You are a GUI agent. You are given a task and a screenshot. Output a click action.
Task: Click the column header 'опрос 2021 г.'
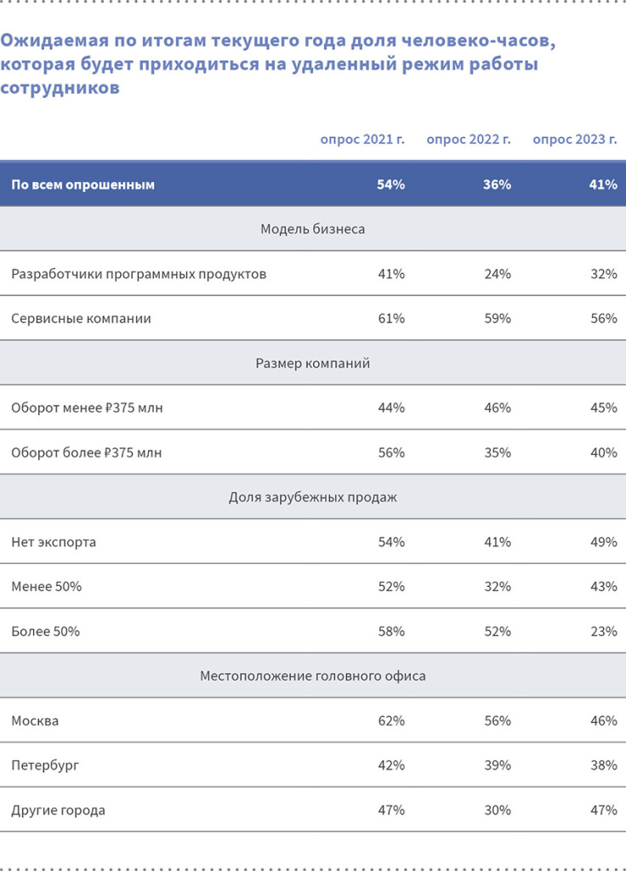[x=362, y=139]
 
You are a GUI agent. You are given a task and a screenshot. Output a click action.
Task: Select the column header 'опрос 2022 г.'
[x=469, y=139]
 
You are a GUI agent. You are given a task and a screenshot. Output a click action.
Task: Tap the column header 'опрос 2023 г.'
[x=575, y=139]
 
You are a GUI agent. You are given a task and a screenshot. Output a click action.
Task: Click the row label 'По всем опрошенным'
[x=83, y=185]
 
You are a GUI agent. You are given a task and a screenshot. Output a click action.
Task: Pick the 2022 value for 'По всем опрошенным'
[x=497, y=185]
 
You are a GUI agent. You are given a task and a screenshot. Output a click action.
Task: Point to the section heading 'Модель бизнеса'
[x=313, y=229]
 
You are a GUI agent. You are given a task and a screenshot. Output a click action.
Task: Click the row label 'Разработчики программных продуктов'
[x=139, y=274]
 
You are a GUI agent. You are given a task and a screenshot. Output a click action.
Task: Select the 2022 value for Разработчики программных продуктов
[x=497, y=274]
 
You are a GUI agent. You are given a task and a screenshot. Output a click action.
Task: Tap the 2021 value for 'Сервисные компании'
[x=391, y=319]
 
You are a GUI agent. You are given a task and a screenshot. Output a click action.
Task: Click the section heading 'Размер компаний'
[x=313, y=363]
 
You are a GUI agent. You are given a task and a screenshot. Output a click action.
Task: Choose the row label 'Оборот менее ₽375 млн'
[x=87, y=408]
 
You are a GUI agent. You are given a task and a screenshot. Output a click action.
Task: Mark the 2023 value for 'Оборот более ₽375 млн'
[x=603, y=453]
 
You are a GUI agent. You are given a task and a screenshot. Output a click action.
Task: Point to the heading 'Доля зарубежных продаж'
[x=313, y=498]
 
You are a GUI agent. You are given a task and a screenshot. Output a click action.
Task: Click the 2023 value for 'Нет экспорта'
[x=603, y=542]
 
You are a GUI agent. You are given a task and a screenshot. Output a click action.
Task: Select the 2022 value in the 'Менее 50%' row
[x=497, y=587]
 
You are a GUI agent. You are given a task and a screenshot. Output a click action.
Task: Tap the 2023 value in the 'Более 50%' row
[x=603, y=631]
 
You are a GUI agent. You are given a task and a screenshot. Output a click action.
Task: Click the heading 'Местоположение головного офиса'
[x=313, y=676]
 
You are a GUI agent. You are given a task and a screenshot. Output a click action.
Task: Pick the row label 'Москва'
[x=35, y=720]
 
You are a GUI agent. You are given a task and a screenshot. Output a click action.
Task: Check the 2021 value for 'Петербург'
[x=391, y=766]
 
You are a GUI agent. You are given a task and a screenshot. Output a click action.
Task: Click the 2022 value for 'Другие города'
[x=497, y=810]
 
